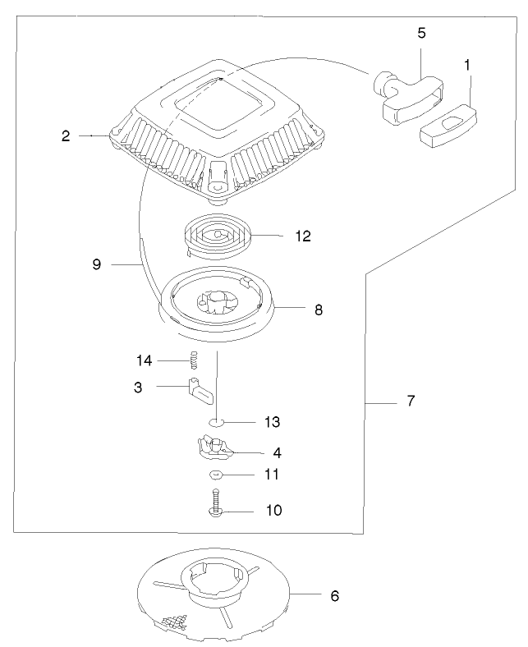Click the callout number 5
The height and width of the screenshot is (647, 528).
pos(421,34)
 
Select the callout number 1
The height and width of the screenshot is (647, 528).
pos(468,64)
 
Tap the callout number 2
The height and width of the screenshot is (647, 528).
pos(66,136)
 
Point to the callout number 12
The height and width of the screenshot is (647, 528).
pos(302,236)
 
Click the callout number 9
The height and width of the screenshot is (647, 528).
pos(96,264)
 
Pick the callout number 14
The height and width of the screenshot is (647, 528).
pos(145,359)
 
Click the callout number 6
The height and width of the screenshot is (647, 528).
pos(334,595)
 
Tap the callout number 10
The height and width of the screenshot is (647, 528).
pos(273,510)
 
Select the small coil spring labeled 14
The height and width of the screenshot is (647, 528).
pos(195,359)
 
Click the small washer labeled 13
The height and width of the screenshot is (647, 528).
pos(216,422)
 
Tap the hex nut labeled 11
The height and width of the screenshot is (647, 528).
pos(215,475)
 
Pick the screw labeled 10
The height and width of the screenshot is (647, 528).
pos(216,503)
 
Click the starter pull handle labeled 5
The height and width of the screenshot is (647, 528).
pos(406,95)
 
